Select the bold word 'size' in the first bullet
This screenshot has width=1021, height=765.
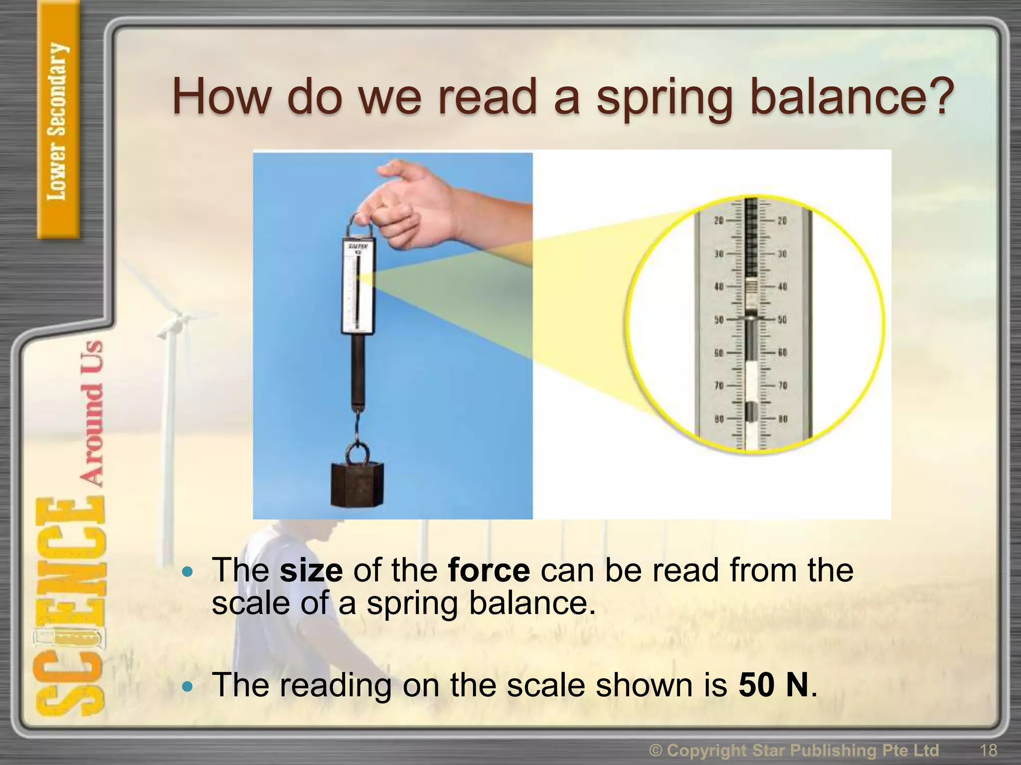point(311,570)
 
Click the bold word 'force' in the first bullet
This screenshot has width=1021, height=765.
point(489,570)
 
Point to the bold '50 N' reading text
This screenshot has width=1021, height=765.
point(773,685)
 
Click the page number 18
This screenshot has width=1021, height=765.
point(988,750)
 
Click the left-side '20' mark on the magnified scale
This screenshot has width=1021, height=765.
point(719,221)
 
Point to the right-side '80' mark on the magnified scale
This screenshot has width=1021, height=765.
point(782,419)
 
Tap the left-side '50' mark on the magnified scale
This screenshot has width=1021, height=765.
point(719,319)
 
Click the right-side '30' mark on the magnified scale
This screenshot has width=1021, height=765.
point(782,254)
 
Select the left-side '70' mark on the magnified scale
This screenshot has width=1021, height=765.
point(719,385)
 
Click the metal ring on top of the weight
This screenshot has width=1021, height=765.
point(358,453)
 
